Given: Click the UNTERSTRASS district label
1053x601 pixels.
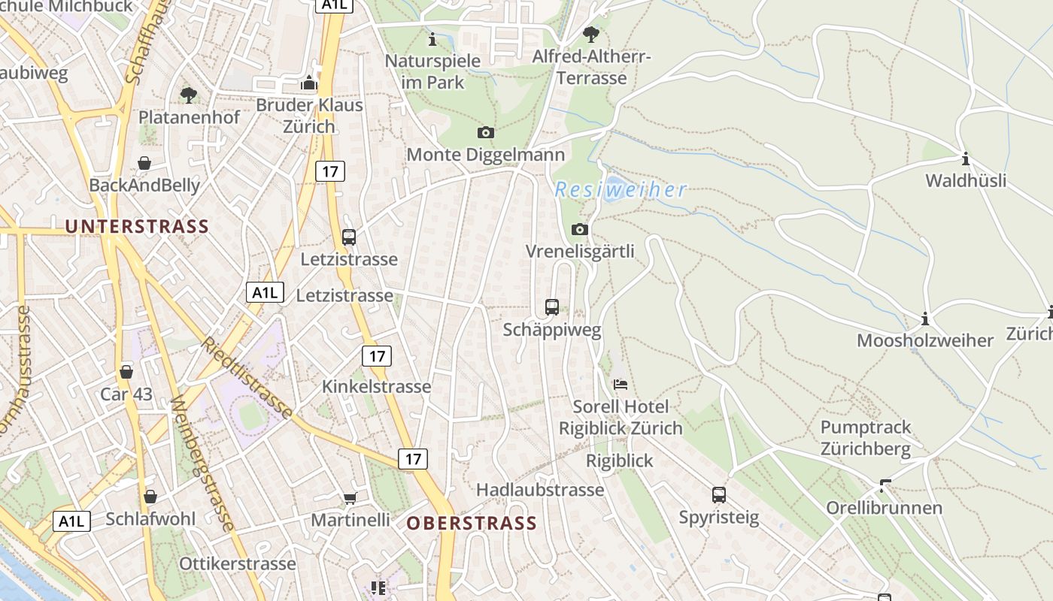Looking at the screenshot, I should point(136,226).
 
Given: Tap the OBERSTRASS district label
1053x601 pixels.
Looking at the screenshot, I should point(472,523).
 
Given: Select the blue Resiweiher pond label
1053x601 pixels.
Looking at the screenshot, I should point(621,189).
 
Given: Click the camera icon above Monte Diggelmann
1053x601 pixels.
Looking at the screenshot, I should point(486,133).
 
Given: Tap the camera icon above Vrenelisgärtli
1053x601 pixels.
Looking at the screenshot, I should point(579,229).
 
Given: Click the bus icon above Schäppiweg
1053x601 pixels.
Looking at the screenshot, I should point(551,307).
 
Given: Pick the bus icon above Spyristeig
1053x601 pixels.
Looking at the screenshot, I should point(718,494).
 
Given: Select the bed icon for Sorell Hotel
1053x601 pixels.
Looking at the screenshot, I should point(620,385).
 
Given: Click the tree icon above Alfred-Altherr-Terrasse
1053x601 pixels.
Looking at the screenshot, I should point(591,35).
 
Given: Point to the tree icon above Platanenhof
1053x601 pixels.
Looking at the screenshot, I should point(188,95).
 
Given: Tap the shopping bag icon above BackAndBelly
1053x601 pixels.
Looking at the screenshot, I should point(144,163).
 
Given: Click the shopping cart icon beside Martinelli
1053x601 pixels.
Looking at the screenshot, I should point(350,498).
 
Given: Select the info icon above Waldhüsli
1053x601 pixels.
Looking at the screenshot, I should point(965,159).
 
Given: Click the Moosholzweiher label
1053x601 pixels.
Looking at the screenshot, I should point(925,340).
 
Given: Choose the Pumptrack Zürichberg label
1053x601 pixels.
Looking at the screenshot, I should point(865,438).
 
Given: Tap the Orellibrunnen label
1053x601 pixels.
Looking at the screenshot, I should point(884,508).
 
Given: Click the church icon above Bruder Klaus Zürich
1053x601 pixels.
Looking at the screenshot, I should point(308,83).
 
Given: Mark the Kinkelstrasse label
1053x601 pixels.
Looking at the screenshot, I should point(376,386).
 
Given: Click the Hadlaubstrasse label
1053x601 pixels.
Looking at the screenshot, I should point(539,490).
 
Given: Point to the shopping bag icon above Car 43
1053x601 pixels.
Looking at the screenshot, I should point(126,372).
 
